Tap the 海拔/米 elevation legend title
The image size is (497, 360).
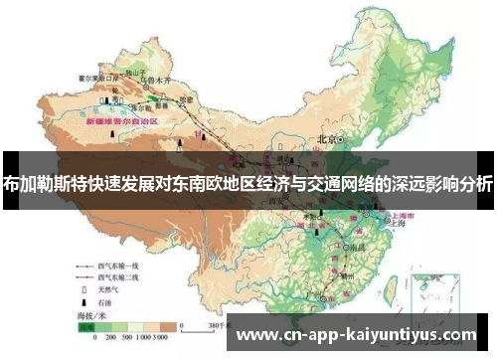tap(96, 314)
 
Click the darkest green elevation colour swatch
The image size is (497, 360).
tap(87, 324)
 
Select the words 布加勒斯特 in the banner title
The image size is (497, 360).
tap(44, 183)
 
